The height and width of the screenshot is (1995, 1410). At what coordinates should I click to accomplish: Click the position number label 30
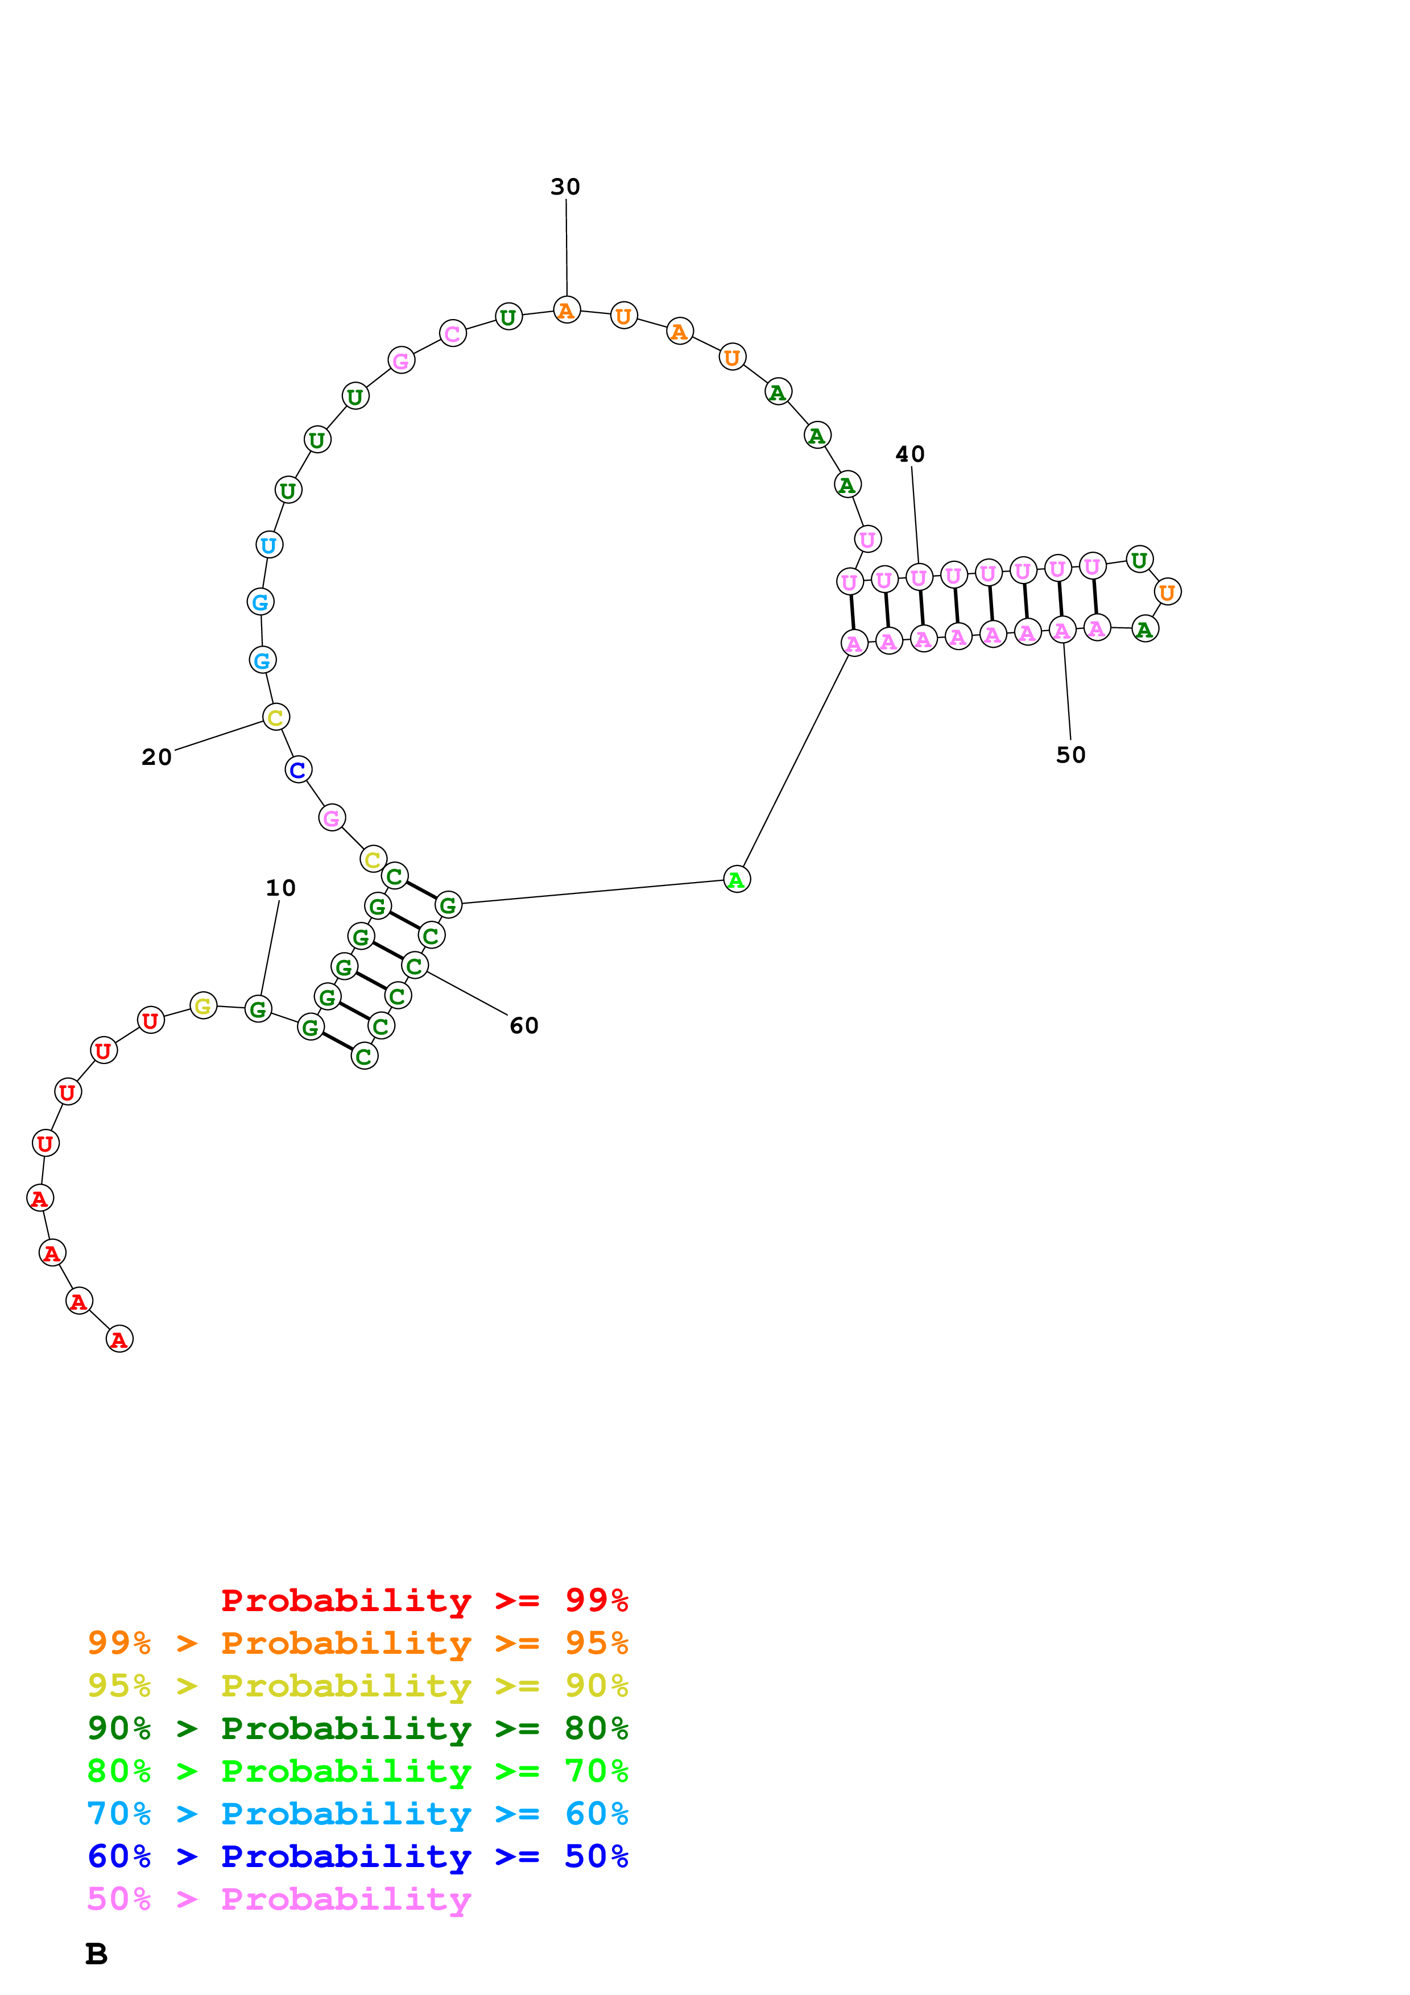click(565, 187)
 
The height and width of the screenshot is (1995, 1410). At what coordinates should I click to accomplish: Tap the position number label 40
click(909, 454)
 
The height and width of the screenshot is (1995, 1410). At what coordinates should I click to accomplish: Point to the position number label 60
click(524, 1025)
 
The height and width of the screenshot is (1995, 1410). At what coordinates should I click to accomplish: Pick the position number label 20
click(156, 757)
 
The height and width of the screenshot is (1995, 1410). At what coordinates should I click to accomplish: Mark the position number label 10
click(280, 887)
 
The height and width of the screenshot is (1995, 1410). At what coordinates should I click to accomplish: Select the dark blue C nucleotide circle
click(298, 770)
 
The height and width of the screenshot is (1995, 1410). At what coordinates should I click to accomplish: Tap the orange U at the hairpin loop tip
click(1167, 591)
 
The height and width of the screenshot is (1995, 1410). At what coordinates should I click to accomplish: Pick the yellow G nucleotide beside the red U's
click(203, 1005)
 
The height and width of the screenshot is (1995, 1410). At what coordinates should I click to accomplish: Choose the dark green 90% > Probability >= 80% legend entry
click(357, 1728)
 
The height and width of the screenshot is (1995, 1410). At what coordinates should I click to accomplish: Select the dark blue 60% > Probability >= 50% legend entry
click(357, 1856)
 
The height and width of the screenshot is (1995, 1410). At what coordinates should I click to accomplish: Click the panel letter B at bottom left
click(97, 1954)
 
